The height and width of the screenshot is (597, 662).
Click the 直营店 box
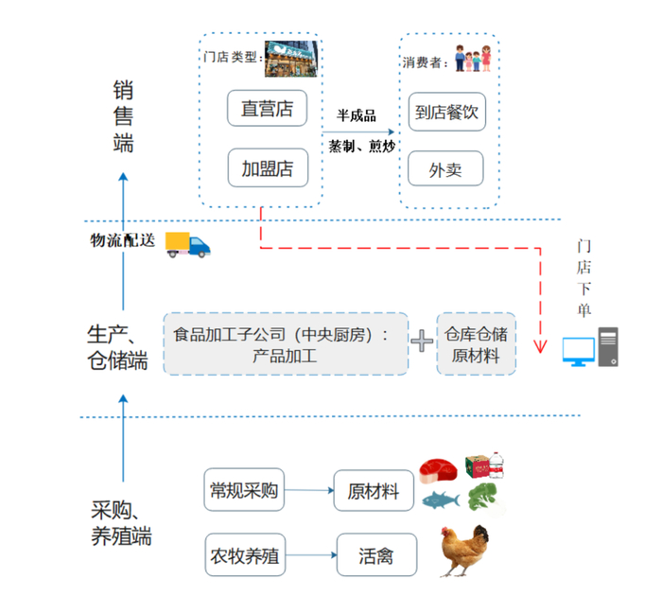point(267,109)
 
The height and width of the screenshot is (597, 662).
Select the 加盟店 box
point(267,168)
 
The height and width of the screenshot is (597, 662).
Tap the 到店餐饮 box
point(446,112)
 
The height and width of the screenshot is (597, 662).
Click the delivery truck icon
point(187,244)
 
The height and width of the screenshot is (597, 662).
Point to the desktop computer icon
point(591,349)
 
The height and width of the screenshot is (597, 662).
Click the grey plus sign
point(422,342)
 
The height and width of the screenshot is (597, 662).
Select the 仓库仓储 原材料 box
point(476,342)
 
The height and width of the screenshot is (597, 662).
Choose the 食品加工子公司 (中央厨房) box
point(287,342)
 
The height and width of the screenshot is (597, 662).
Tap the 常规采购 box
point(245,491)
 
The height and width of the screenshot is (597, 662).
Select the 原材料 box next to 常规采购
point(374,492)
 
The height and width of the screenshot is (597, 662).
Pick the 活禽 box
point(375,556)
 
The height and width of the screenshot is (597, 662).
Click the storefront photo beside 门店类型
point(290,57)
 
